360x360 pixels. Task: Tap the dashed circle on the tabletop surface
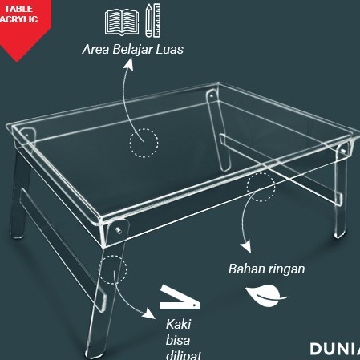(x=144, y=143)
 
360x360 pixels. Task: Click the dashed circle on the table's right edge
(x=261, y=187)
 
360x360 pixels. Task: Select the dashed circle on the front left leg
(x=113, y=270)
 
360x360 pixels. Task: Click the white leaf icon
(x=265, y=297)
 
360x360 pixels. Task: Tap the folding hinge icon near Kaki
(x=178, y=299)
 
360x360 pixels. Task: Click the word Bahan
(x=245, y=269)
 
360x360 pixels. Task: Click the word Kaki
(x=178, y=324)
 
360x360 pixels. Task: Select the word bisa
(x=177, y=339)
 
